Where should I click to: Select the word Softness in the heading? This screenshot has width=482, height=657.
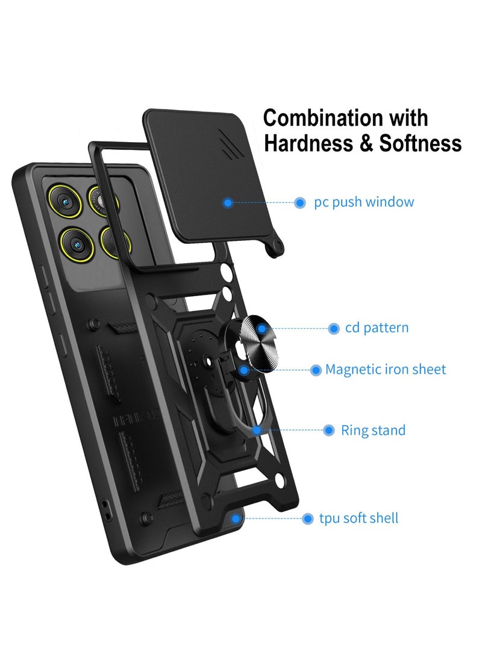(x=421, y=143)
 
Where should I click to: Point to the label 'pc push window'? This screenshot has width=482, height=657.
(x=364, y=202)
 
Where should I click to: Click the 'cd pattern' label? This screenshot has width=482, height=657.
(x=377, y=328)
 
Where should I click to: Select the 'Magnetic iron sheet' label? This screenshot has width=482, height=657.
(x=386, y=370)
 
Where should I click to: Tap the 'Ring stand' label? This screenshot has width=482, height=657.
(x=373, y=431)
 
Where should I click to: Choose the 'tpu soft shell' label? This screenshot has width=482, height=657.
(x=358, y=518)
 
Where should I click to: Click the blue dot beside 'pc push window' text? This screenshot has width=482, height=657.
(x=299, y=203)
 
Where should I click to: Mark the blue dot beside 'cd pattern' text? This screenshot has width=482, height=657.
(x=334, y=329)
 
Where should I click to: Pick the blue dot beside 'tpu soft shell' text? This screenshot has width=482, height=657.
(x=308, y=519)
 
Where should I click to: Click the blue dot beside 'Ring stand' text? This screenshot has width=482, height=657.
(x=329, y=431)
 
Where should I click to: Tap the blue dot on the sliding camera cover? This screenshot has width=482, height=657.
(x=228, y=203)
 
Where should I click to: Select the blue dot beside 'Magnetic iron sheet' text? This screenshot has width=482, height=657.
(x=316, y=370)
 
